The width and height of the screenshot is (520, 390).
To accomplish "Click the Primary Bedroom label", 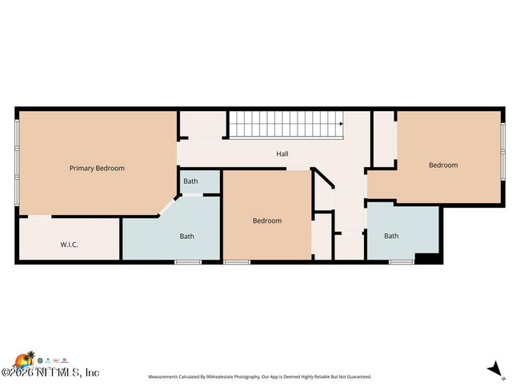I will pos(97,169).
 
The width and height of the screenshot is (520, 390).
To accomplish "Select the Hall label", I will pos(282,154).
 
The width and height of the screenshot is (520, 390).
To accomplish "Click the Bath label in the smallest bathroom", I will pos(190,181).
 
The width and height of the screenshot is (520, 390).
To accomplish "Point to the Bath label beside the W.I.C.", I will pos(186,236).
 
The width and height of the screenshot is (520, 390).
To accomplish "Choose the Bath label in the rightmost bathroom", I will pos(391,236).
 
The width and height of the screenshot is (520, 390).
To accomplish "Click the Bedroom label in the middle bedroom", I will pos(267,221).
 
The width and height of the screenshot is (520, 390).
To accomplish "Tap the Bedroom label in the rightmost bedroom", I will pos(443,165).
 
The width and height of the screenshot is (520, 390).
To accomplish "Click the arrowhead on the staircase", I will pos(341,125).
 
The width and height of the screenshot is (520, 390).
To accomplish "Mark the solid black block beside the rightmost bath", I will pos(427,258).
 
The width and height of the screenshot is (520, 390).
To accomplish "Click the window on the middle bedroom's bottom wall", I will pos(236,262).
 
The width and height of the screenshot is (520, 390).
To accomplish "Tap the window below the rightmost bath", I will pos(401,262).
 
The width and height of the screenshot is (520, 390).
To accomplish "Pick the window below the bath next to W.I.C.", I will pos(188,262).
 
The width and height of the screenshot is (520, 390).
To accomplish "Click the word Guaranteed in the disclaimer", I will pos(356,376).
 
